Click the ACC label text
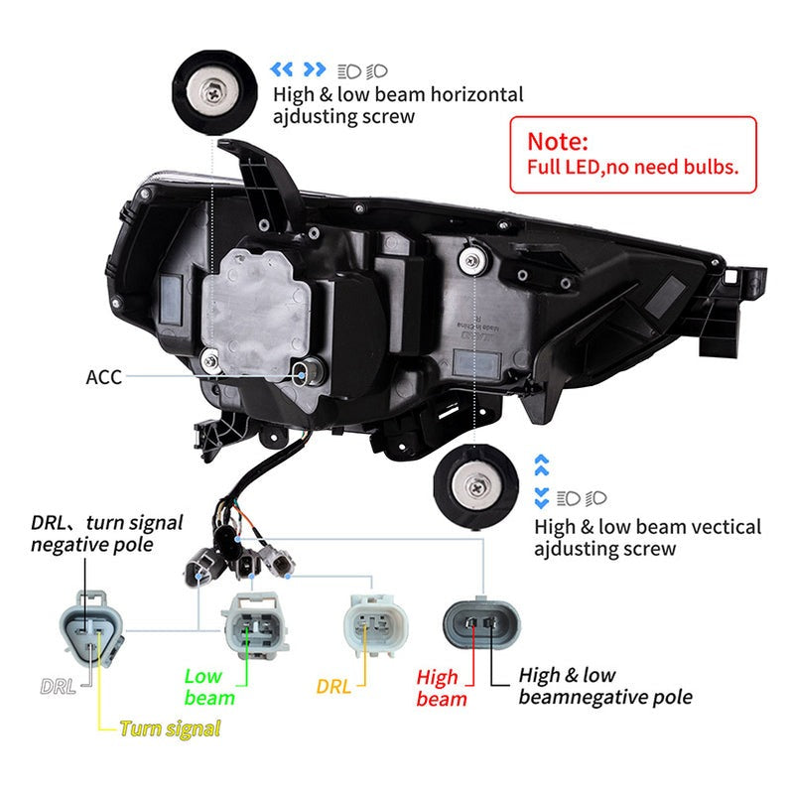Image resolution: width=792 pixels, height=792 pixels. tap(104, 377)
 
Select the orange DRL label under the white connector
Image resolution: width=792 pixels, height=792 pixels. tap(333, 686)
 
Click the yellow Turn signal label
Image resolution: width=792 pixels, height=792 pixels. tap(170, 728)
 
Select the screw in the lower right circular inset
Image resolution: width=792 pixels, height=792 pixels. tap(477, 485)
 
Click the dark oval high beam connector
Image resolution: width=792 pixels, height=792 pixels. tap(480, 626)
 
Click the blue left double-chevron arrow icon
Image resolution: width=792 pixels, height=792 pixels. tap(283, 69)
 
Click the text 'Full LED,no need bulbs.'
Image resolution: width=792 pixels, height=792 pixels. tap(632, 166)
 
